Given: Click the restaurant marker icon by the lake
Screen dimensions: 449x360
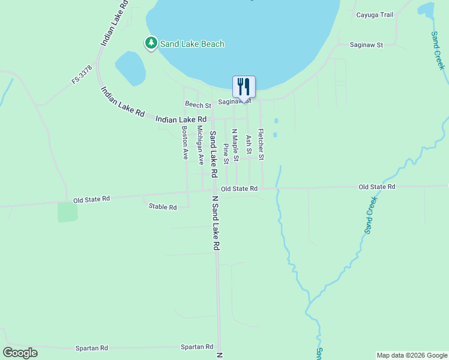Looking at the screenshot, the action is click(x=244, y=86).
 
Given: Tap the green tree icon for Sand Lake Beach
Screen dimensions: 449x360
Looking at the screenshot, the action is click(x=151, y=43).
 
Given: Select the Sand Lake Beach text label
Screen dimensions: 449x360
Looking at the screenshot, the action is click(x=192, y=44).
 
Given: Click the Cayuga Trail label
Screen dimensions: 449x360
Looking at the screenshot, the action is click(x=374, y=15).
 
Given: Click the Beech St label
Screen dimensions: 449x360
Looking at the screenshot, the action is click(x=198, y=105).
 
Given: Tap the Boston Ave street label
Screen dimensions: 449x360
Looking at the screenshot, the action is click(x=185, y=142).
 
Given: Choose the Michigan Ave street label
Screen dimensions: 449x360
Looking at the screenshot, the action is click(x=201, y=146).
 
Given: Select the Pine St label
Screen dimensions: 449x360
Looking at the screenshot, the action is click(x=226, y=154).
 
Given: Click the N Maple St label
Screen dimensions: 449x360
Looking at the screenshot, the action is click(x=236, y=145).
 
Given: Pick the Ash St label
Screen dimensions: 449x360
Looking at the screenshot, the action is click(x=249, y=144).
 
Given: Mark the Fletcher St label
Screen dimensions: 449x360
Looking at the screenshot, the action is click(x=261, y=145).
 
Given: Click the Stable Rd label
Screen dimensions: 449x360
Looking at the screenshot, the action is click(x=163, y=207).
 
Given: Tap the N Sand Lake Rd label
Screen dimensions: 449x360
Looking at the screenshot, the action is click(x=216, y=223).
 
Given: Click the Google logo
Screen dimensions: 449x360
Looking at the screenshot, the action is click(x=20, y=353).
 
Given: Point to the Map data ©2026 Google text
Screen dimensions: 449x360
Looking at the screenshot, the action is click(x=412, y=355).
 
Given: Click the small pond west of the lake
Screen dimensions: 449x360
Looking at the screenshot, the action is click(x=130, y=68).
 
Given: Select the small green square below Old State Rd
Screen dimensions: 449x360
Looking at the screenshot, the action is click(x=68, y=212).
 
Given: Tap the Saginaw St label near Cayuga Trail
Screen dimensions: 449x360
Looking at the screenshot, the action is click(x=367, y=45).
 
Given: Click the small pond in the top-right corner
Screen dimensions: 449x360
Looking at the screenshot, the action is click(x=426, y=9).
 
